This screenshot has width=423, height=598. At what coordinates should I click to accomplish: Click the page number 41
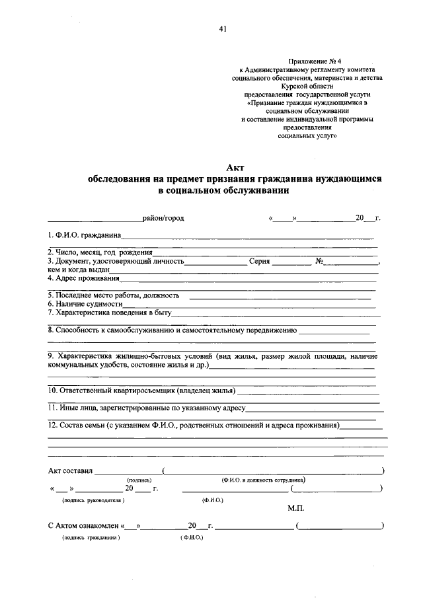point(221,28)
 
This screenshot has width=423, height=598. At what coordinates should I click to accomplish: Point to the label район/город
point(163,218)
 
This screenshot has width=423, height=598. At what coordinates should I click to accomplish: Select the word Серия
point(260,261)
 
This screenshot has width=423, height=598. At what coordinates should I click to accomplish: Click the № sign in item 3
point(319,261)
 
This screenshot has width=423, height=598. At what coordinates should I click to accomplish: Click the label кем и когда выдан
point(78,270)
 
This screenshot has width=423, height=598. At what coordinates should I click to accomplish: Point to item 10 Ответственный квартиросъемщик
point(141,390)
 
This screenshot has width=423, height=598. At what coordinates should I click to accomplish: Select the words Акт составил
point(71,471)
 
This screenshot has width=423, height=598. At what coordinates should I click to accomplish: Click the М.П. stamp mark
point(295,509)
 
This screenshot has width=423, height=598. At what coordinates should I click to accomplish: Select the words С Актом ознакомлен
point(83,527)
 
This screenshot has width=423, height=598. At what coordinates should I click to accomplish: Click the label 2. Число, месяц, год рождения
point(100,252)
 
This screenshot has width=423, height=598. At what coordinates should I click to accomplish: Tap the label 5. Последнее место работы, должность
point(114,295)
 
